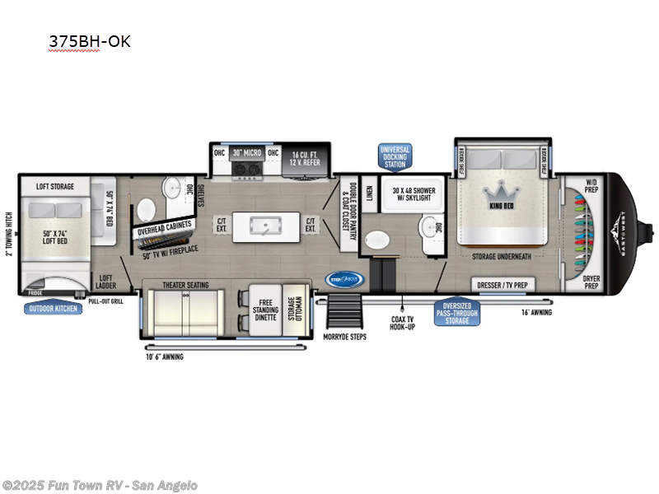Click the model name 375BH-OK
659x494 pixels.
tap(89, 41)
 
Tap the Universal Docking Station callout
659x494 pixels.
tap(394, 156)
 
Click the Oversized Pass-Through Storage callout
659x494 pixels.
tap(458, 312)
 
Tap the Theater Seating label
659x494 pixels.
tap(185, 285)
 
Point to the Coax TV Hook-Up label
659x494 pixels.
tap(403, 323)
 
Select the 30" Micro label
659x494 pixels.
tap(245, 152)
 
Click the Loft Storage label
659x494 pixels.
tap(54, 187)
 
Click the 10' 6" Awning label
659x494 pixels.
tap(164, 357)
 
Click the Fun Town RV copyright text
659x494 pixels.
tap(100, 486)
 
